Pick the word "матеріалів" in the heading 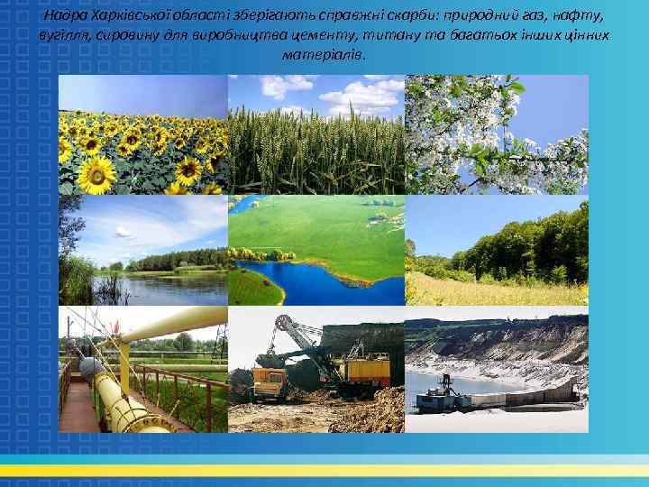tap(324, 54)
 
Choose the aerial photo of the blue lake tap(315, 250)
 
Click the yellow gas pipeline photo tap(142, 370)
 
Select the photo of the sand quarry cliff tap(496, 370)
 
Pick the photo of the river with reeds tap(142, 250)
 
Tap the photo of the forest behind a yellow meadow tap(496, 250)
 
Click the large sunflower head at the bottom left tap(95, 176)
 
